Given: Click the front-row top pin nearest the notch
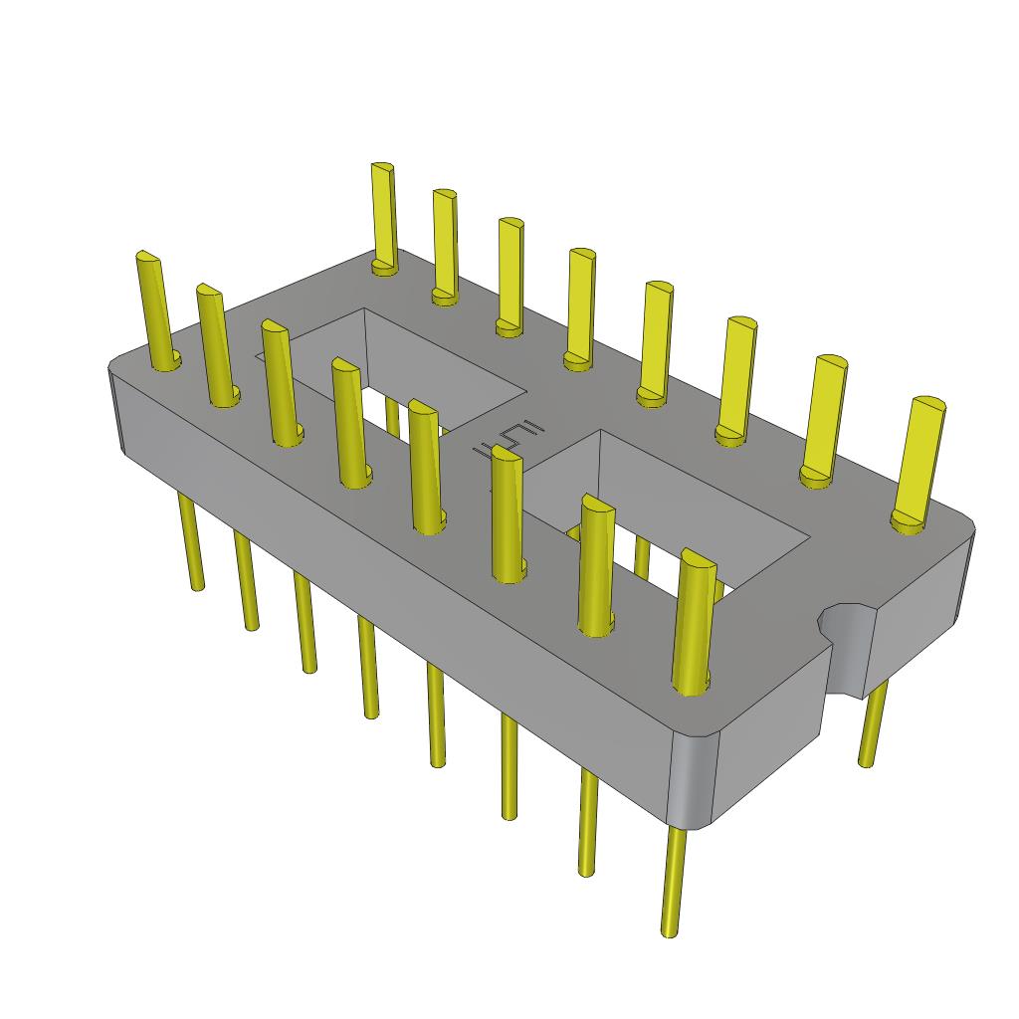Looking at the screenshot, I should (x=694, y=617).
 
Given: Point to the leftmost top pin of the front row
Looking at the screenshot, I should (x=156, y=308).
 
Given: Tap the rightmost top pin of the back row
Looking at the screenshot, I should (x=919, y=458).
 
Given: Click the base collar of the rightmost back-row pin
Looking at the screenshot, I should (x=908, y=521).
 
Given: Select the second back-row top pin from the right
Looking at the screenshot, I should (x=823, y=418).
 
